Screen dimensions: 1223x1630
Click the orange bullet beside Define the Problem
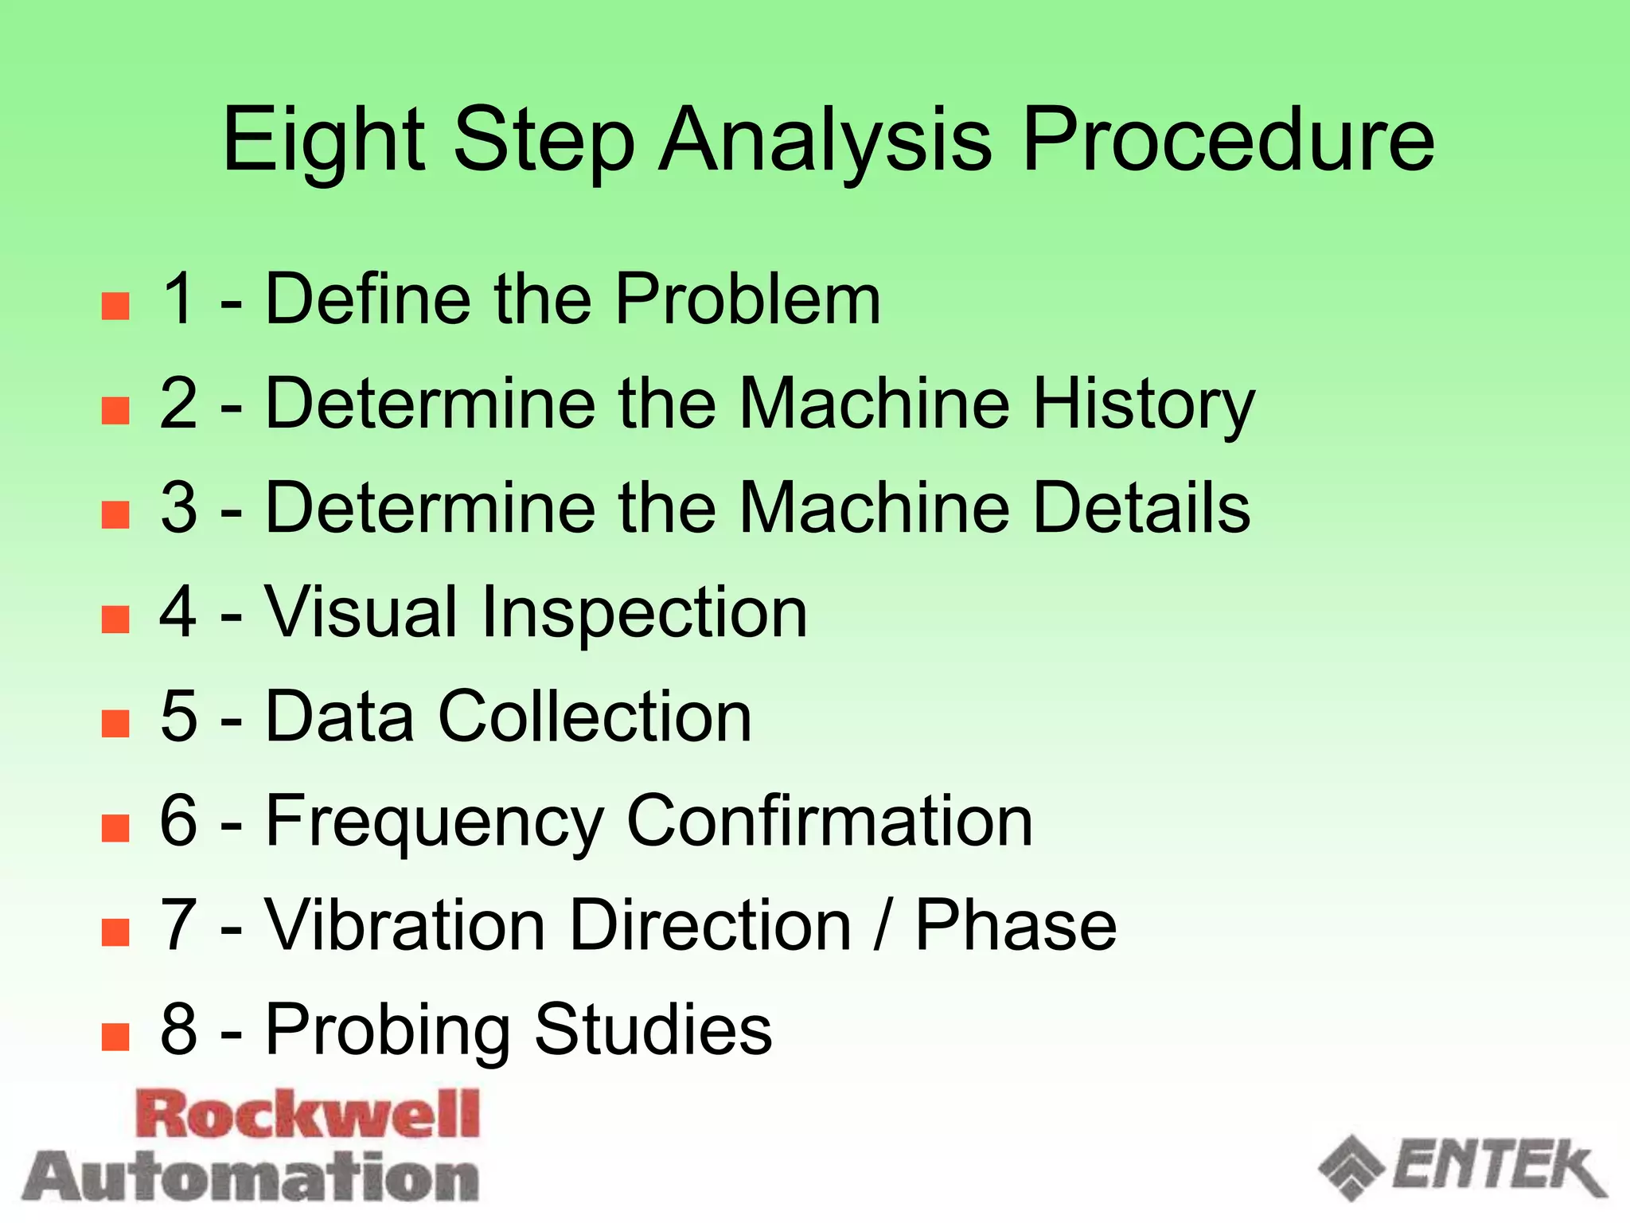[x=115, y=306]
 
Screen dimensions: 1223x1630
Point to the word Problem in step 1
[x=747, y=299]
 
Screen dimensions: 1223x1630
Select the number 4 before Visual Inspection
[x=179, y=612]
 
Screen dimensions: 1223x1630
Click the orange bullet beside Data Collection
[x=115, y=724]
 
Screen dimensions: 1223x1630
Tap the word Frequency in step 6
[x=435, y=822]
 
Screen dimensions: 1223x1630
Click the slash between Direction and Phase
[x=882, y=925]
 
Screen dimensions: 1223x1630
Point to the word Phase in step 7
[x=1016, y=925]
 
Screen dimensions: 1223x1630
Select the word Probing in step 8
[x=387, y=1030]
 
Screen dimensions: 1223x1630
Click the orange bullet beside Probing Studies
[x=115, y=1037]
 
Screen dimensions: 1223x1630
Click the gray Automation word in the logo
[x=252, y=1177]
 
